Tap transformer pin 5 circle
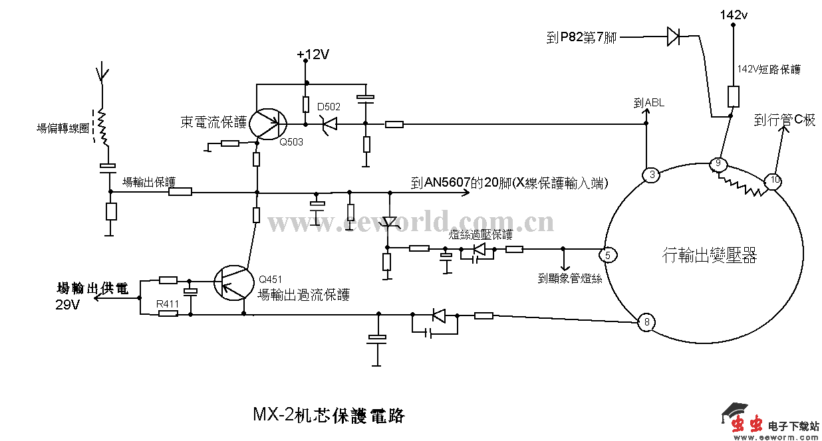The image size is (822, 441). (x=607, y=254)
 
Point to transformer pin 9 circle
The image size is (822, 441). (x=718, y=163)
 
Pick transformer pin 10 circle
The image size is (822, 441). (x=774, y=180)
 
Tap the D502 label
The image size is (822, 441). (x=329, y=107)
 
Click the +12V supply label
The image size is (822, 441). (x=313, y=54)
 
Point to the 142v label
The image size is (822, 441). (x=734, y=15)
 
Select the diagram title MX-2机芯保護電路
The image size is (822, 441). (x=329, y=415)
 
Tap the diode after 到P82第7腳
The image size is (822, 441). (x=674, y=37)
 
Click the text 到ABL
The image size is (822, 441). (x=648, y=103)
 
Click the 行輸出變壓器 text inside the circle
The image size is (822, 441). (x=710, y=254)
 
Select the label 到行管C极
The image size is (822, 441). (x=784, y=120)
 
